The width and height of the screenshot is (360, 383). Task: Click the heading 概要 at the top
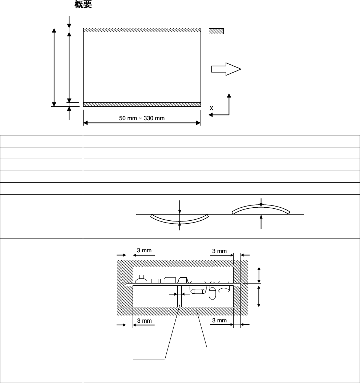pyautogui.click(x=83, y=4)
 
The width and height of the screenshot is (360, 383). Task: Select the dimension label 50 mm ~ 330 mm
pyautogui.click(x=142, y=118)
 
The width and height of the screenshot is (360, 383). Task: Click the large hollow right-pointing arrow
pyautogui.click(x=226, y=69)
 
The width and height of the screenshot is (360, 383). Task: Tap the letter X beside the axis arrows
pyautogui.click(x=211, y=108)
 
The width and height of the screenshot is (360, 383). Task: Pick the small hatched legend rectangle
pyautogui.click(x=216, y=31)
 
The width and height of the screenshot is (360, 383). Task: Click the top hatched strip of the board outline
pyautogui.click(x=142, y=30)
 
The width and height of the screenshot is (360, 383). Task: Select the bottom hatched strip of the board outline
pyautogui.click(x=142, y=105)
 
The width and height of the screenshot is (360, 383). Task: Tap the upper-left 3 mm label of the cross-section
pyautogui.click(x=144, y=250)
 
